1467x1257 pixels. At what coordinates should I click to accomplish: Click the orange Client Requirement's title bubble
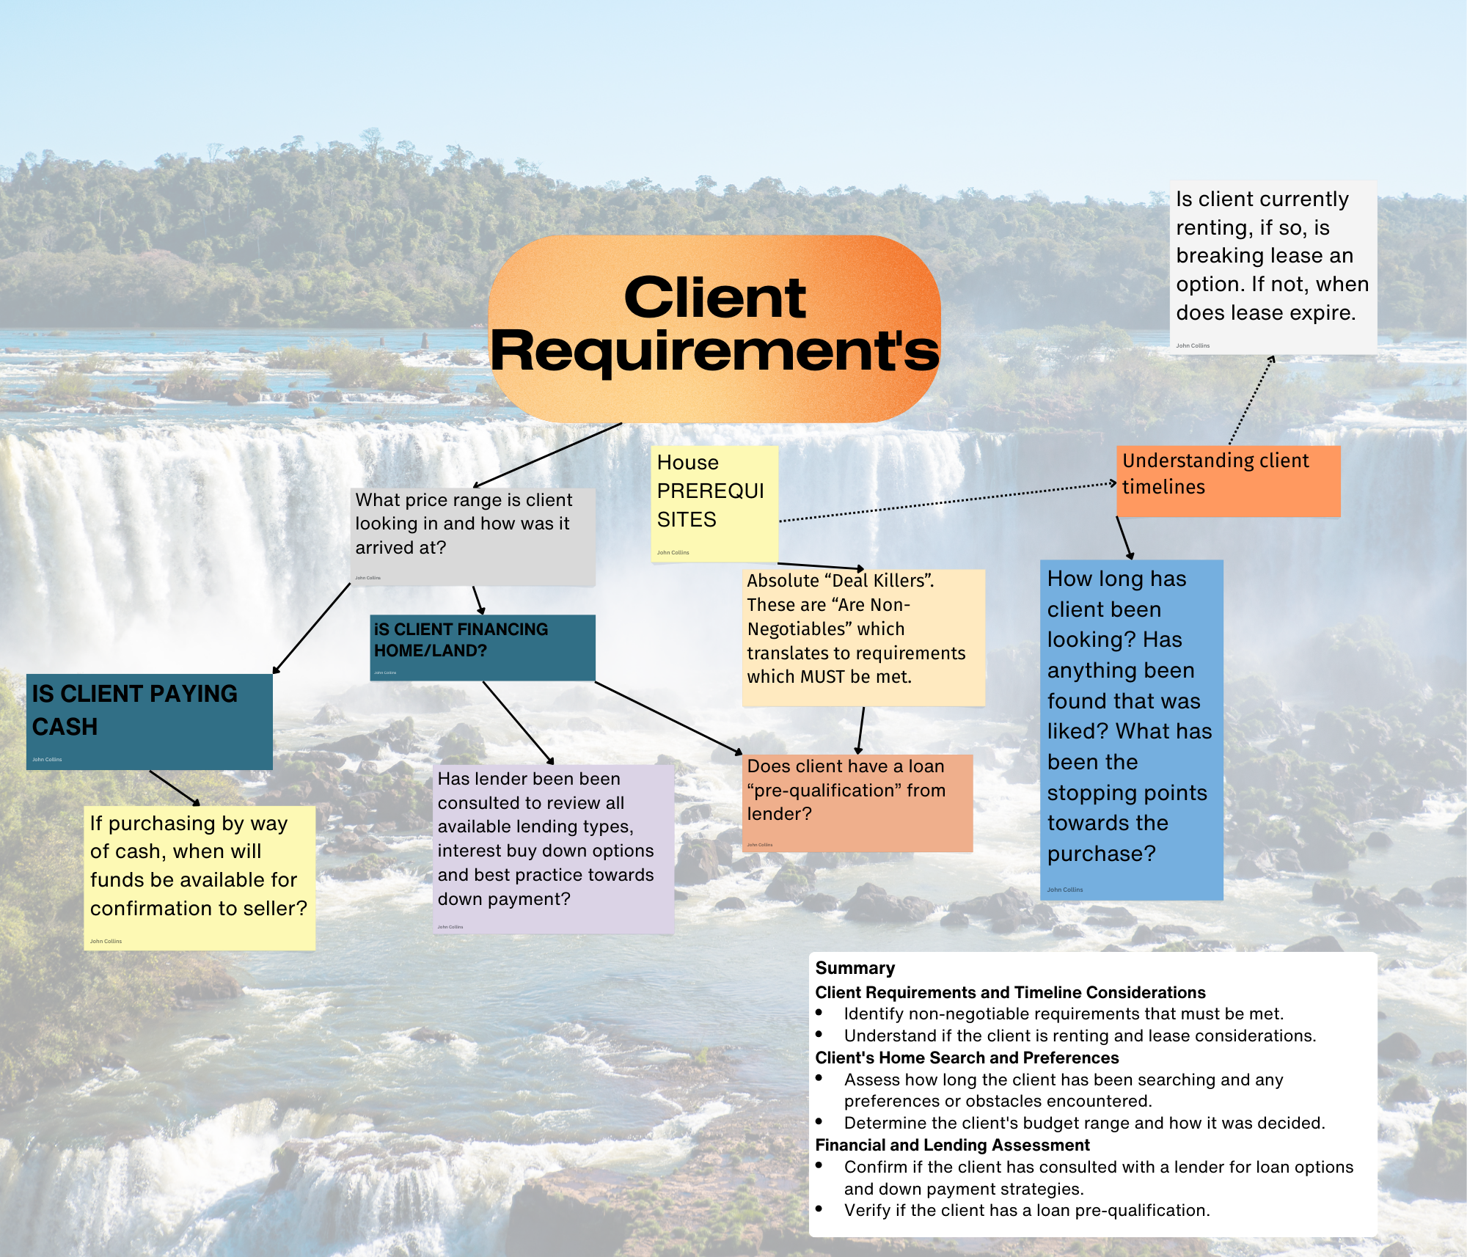click(714, 328)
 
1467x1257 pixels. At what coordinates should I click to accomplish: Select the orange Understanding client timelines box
click(1228, 480)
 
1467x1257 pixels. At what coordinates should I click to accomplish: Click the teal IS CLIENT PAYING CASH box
click(149, 721)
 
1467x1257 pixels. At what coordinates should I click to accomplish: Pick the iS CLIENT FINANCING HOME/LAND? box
click(482, 647)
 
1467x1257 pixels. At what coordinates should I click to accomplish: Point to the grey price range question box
click(472, 536)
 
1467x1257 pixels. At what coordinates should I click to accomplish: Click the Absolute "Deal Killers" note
click(863, 637)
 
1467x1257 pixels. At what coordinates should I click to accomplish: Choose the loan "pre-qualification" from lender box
click(857, 802)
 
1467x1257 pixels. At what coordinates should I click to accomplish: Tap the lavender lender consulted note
click(554, 849)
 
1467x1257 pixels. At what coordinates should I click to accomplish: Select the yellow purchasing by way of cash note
click(199, 877)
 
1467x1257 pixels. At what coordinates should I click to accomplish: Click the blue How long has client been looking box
click(1131, 729)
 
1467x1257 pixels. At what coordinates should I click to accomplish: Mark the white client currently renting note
click(1273, 267)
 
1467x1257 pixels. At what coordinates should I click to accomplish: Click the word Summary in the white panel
click(855, 968)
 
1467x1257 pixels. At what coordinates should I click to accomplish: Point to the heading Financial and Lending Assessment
click(952, 1145)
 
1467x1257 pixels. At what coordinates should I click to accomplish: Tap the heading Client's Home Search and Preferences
click(967, 1058)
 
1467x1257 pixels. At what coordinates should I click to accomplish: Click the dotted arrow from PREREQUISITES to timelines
click(946, 502)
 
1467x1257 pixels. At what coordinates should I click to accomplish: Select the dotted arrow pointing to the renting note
click(1251, 400)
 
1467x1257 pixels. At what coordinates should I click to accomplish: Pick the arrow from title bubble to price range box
click(548, 455)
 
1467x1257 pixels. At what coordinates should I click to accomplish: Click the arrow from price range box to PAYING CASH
click(311, 628)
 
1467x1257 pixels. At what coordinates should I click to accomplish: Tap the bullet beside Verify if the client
click(819, 1209)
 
